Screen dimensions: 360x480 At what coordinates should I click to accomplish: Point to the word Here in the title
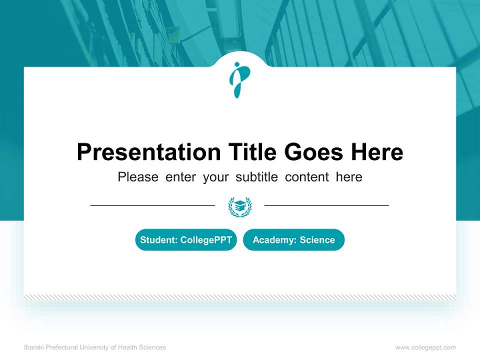coord(376,152)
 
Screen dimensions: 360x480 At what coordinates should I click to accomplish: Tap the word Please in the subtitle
coord(138,177)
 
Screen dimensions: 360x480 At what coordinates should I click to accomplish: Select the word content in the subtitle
coord(307,177)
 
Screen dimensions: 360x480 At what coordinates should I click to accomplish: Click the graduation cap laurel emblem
coord(240,206)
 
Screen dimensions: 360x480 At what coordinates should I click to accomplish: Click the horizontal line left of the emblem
coord(152,205)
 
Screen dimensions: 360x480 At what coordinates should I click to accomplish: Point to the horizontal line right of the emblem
coord(326,205)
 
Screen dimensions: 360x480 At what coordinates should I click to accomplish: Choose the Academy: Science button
coord(293,240)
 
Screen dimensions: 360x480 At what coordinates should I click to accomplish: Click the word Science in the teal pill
coord(317,240)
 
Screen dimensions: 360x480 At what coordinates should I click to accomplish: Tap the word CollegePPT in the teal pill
coord(206,240)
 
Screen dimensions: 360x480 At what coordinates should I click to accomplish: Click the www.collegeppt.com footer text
coord(425,347)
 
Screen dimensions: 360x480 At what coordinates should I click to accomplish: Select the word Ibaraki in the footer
coord(33,347)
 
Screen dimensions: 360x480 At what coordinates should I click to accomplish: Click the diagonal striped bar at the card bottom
coord(240,297)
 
